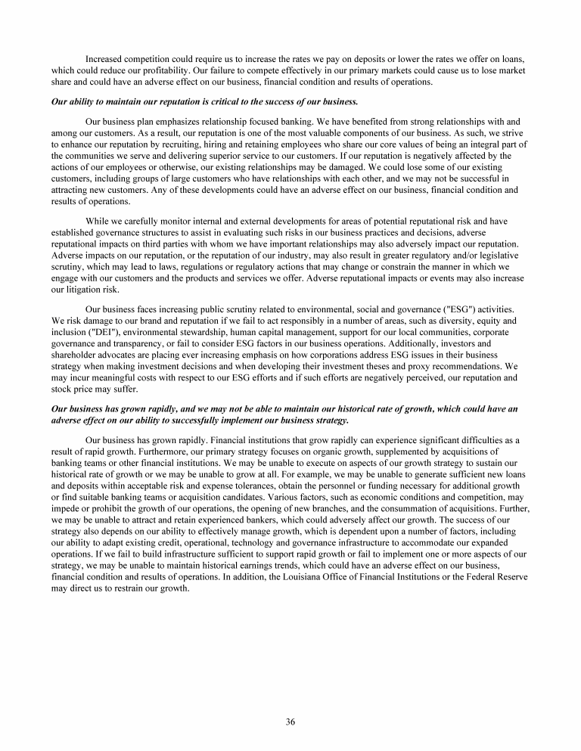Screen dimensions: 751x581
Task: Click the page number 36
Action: (290, 721)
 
